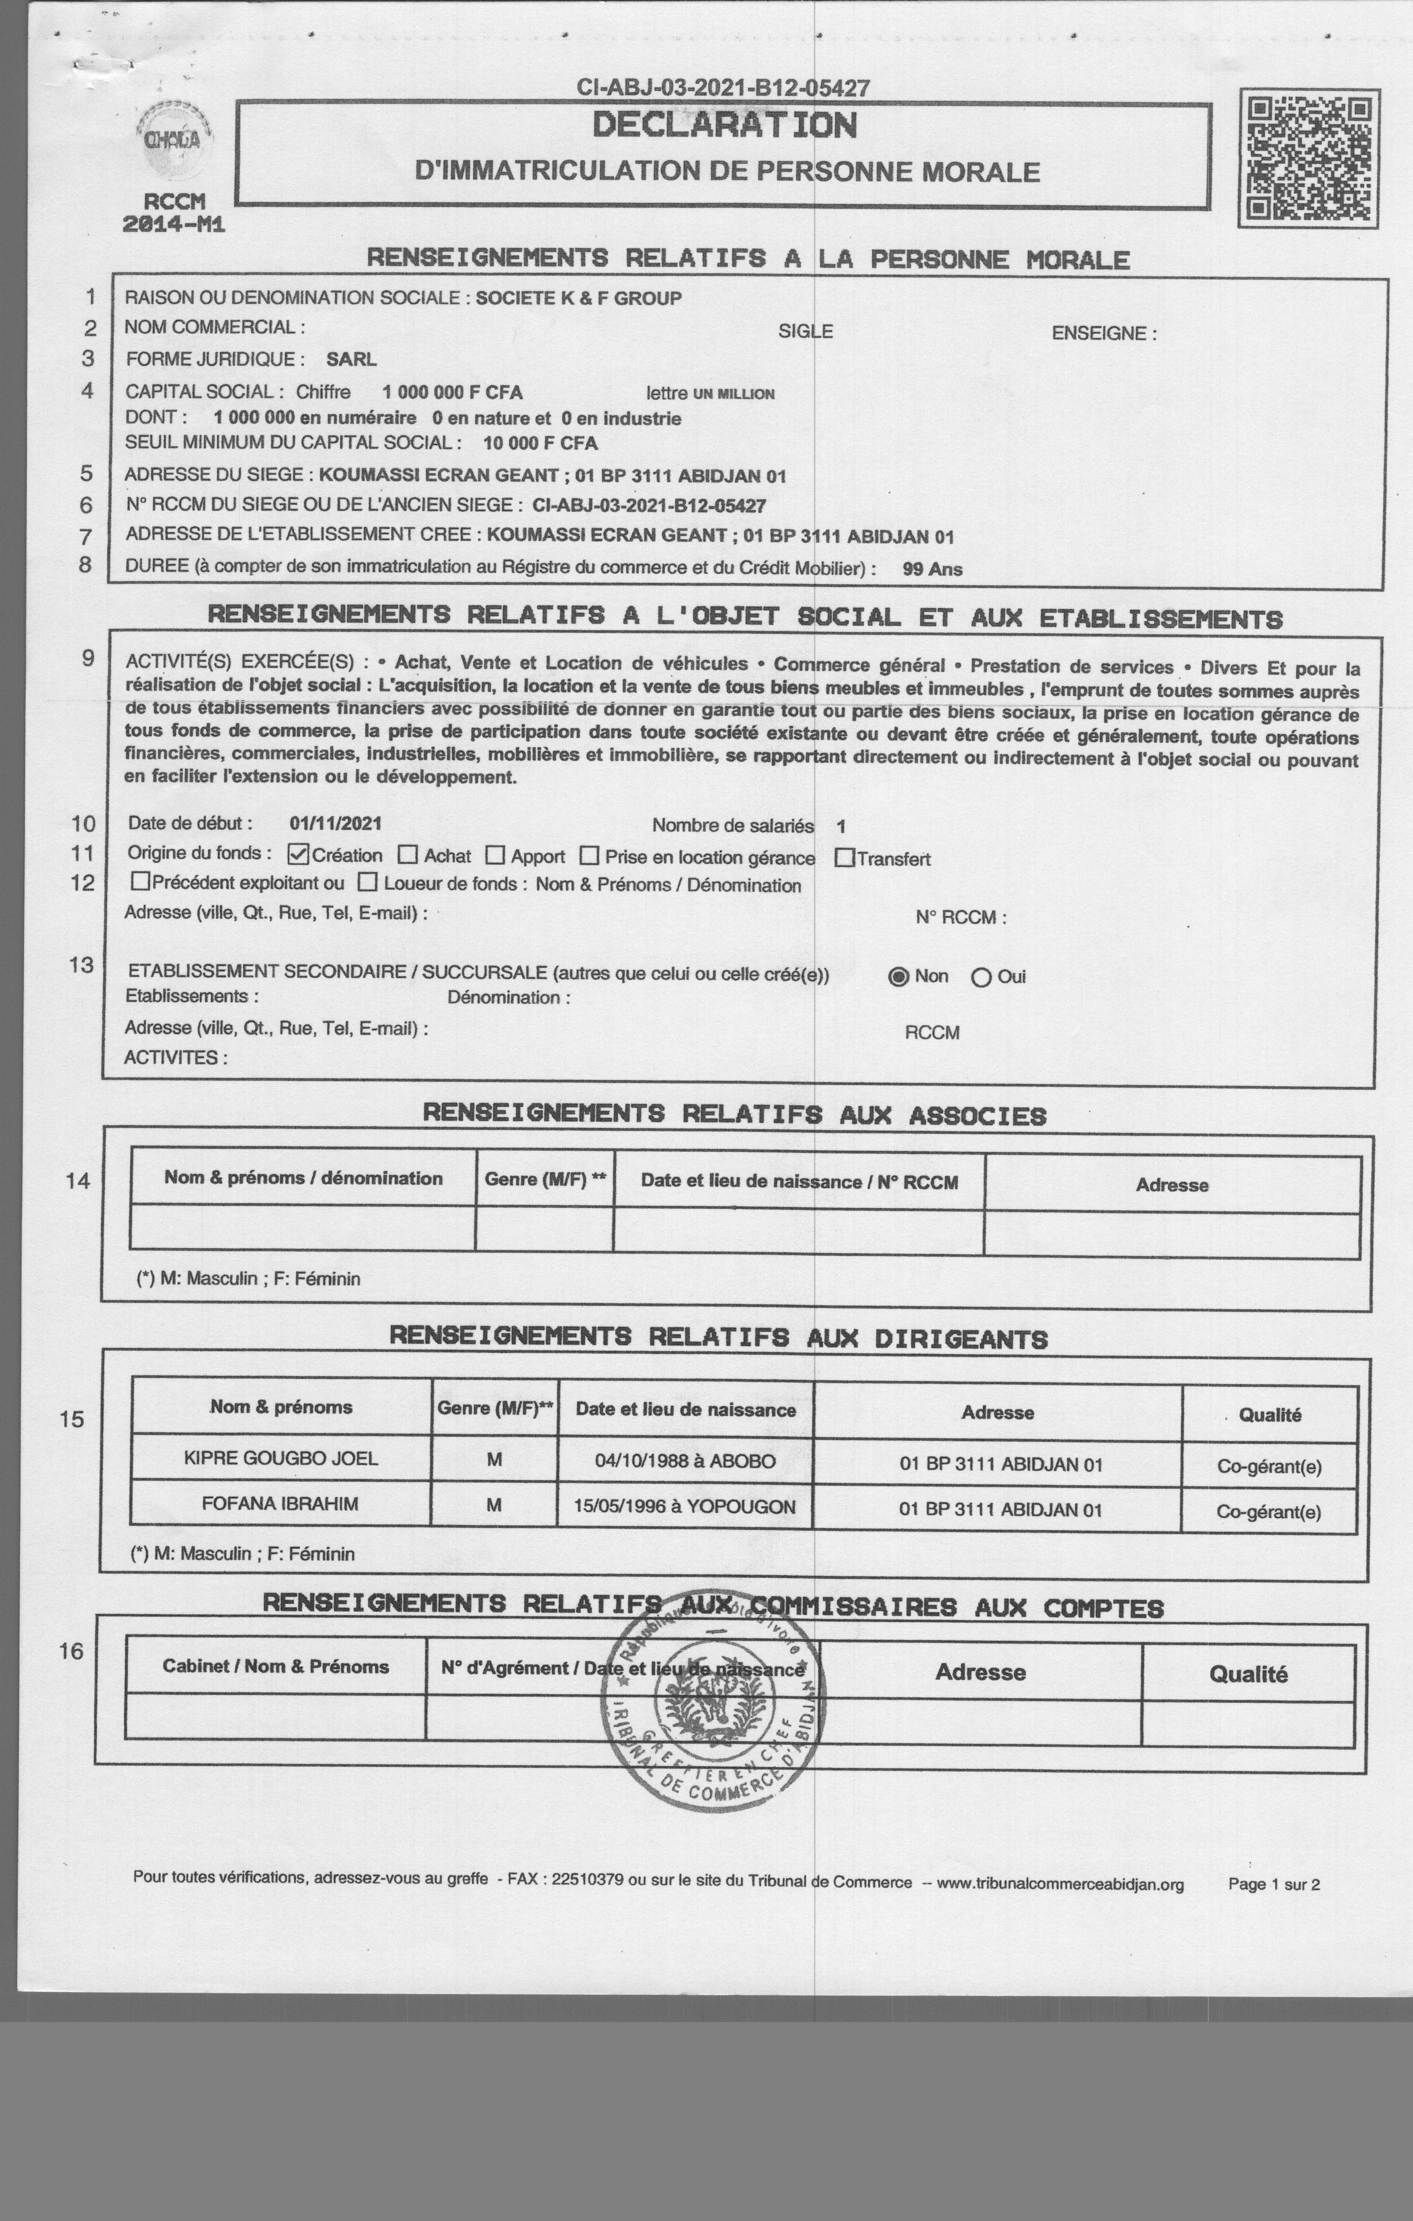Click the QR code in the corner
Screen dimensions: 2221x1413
1308,158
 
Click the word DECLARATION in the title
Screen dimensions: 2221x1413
724,125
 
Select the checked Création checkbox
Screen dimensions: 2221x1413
298,854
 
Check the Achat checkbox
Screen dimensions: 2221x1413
408,855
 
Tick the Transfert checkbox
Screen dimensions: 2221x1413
844,858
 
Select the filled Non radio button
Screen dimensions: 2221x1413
899,977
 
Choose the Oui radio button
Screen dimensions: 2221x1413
981,977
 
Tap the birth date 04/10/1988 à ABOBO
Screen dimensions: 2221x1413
685,1461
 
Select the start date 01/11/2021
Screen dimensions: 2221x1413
335,824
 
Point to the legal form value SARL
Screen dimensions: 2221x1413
352,359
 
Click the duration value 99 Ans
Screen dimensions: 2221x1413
933,569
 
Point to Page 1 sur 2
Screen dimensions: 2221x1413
1274,1884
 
